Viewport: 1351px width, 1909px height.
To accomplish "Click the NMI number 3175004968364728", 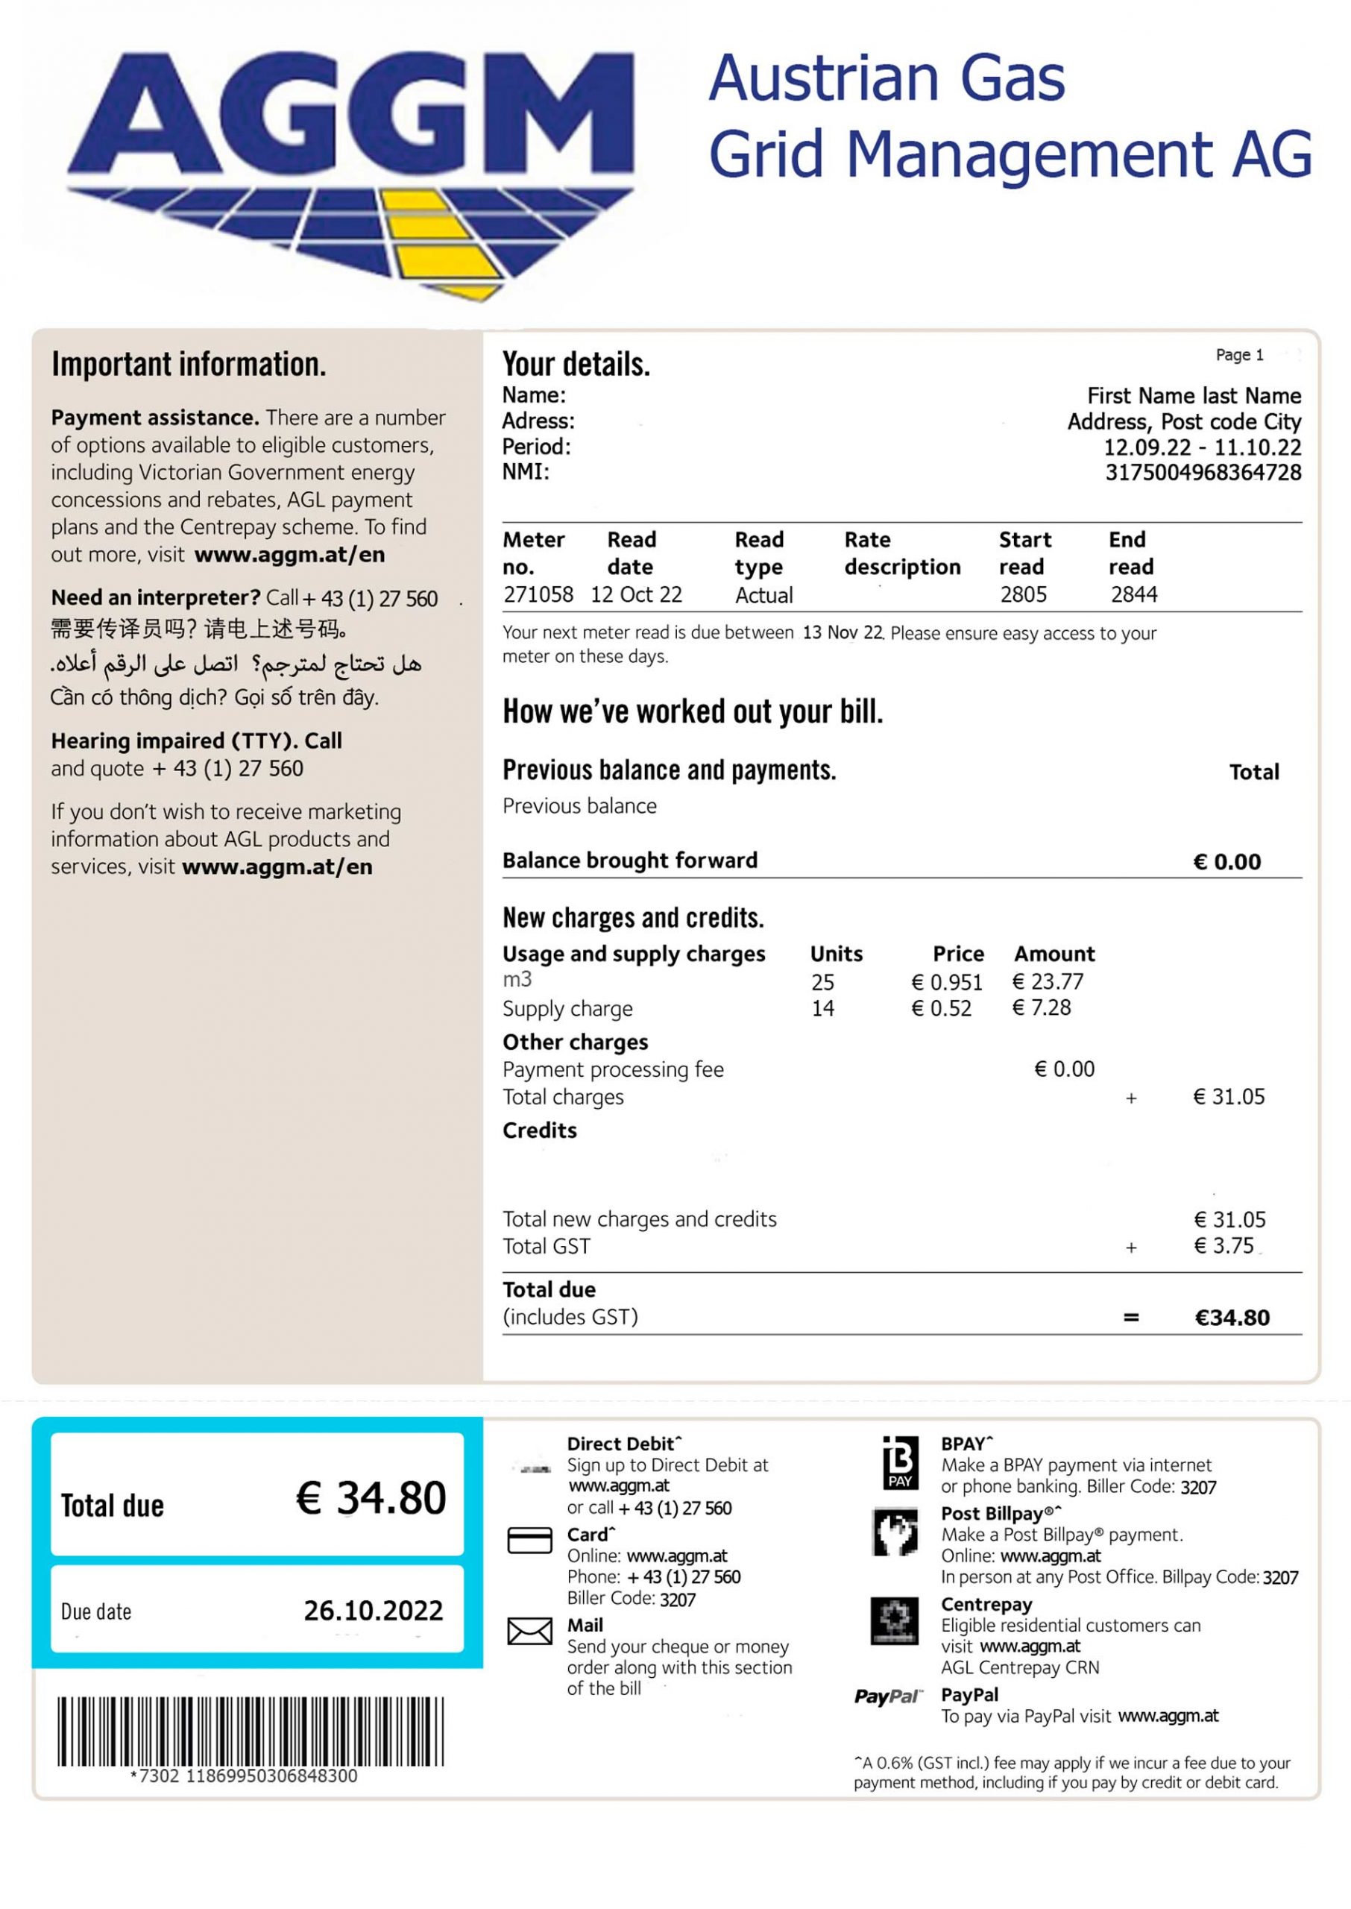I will [1202, 473].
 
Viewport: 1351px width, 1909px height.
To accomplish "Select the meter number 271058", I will [538, 595].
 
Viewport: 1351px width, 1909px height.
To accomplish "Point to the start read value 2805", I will [1022, 595].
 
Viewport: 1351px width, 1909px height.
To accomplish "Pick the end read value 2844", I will [1133, 595].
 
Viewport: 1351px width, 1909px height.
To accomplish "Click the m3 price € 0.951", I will [947, 982].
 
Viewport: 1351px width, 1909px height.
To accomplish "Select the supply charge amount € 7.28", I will [1041, 1008].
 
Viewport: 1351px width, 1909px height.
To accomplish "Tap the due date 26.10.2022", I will [373, 1611].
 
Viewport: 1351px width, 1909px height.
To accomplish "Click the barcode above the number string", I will [251, 1731].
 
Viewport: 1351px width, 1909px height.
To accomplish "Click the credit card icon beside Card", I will [529, 1541].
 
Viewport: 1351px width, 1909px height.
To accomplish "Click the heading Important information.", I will [189, 365].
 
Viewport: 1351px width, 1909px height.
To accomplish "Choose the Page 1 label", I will [1238, 355].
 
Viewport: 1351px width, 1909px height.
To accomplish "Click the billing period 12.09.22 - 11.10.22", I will [1201, 447].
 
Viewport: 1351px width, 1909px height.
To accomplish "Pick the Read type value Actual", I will [763, 596].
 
